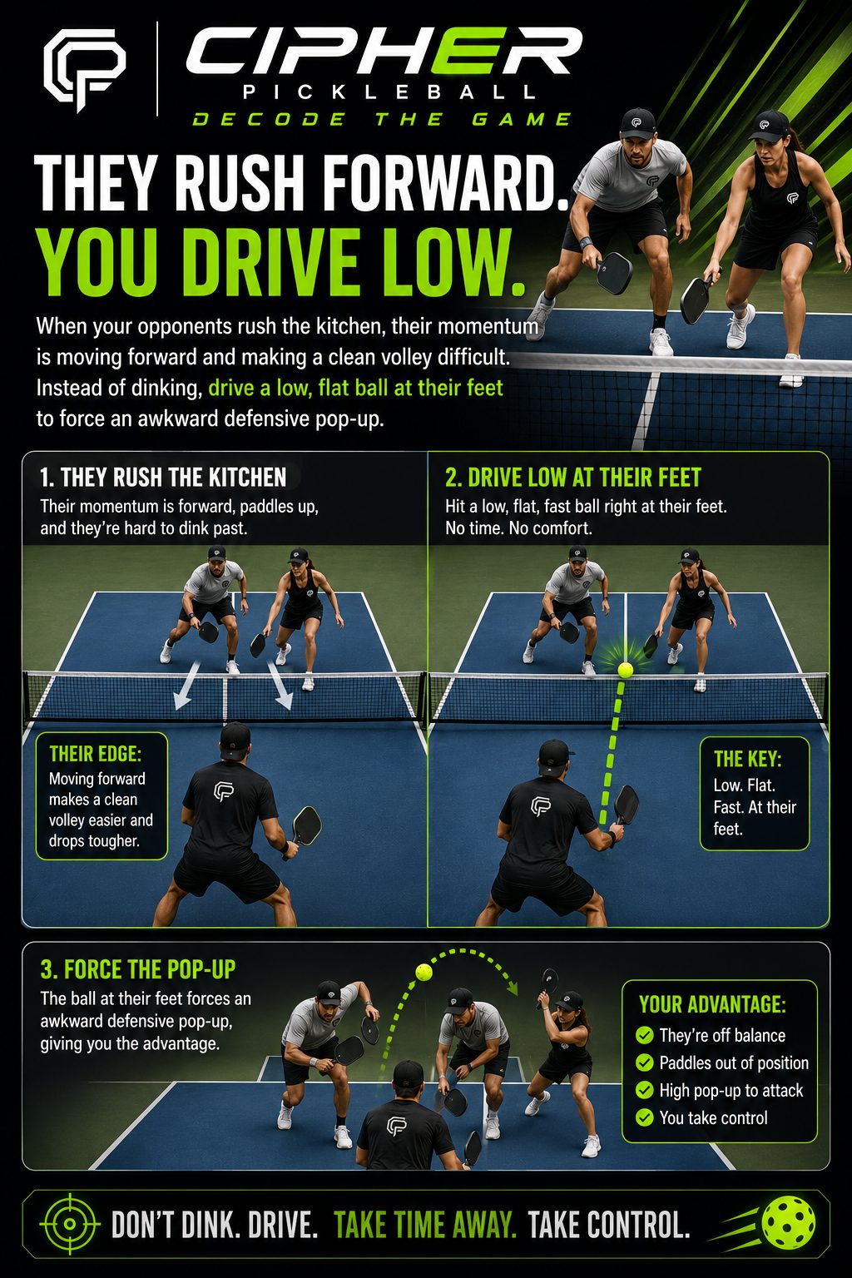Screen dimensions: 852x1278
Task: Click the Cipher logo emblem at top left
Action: tap(85, 70)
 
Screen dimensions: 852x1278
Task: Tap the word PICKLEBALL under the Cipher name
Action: tap(389, 92)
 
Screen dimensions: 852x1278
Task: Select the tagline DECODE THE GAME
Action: tap(381, 119)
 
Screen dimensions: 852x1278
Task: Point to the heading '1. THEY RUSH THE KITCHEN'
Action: tap(163, 478)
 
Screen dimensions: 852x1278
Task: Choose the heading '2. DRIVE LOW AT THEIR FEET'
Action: tap(573, 478)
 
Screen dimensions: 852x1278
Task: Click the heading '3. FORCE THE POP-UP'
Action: tap(137, 969)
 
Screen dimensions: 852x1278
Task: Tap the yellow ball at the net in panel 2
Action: tap(626, 670)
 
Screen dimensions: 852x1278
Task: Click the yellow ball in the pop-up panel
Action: tap(424, 972)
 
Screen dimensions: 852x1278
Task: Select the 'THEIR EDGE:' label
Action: tap(96, 754)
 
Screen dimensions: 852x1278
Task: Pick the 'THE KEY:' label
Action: tap(747, 759)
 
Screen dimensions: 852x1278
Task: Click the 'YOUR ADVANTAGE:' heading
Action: tap(712, 1004)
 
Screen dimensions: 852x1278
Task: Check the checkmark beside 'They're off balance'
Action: tap(644, 1035)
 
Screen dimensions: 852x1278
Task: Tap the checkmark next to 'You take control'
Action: tap(644, 1117)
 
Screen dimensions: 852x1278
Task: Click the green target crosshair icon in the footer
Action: tap(70, 1224)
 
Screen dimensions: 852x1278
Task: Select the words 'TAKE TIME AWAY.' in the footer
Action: tap(425, 1225)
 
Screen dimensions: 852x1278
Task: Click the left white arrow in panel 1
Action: tap(186, 685)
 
